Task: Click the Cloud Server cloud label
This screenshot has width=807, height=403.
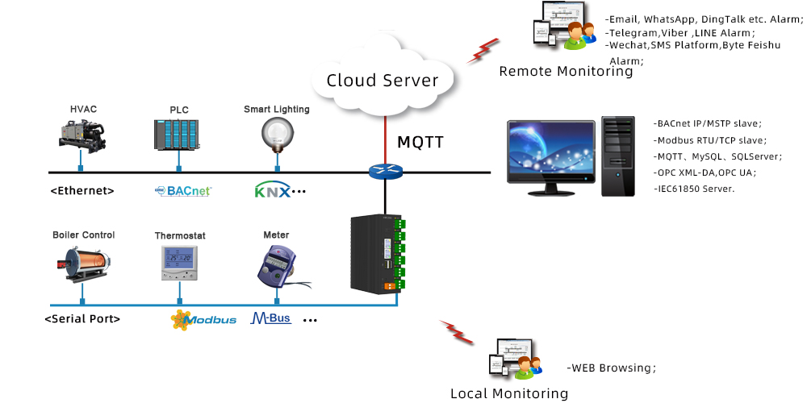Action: click(382, 81)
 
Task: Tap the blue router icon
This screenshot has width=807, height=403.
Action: click(385, 171)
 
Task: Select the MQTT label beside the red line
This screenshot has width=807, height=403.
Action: click(420, 143)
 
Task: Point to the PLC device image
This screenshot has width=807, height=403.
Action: click(176, 135)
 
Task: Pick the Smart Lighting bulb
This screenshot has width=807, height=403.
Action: click(275, 131)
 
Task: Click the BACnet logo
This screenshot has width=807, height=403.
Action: click(182, 191)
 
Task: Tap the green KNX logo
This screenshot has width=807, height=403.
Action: click(271, 191)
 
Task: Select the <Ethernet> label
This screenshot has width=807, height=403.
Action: click(82, 191)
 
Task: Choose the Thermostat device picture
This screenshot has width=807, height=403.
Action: click(179, 263)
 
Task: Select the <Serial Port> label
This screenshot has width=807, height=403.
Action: click(82, 318)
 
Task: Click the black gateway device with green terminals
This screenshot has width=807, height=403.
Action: click(377, 254)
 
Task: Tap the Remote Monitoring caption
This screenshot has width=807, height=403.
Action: click(566, 71)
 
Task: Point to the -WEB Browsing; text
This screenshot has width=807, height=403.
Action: click(611, 368)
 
